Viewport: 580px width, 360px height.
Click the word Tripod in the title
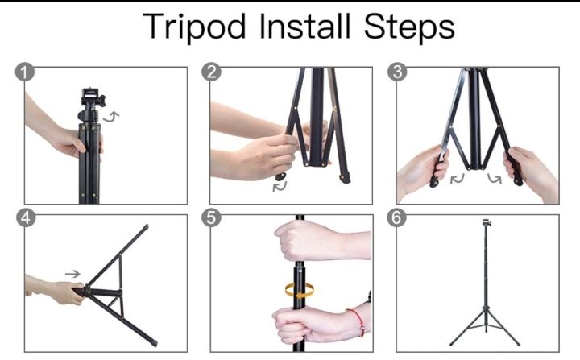click(194, 27)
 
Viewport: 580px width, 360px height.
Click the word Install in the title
click(304, 26)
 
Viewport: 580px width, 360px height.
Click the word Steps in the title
click(409, 27)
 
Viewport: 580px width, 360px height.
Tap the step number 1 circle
click(25, 72)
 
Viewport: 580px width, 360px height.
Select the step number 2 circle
click(211, 72)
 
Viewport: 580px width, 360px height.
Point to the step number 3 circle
click(397, 72)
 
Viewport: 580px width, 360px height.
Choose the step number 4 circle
click(26, 218)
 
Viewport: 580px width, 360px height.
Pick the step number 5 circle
click(211, 218)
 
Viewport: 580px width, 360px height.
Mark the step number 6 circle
click(396, 218)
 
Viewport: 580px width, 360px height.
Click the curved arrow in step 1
click(111, 117)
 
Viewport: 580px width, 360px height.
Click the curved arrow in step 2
click(280, 186)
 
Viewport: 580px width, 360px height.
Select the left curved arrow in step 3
click(458, 179)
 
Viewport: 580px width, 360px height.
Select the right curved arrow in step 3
click(494, 179)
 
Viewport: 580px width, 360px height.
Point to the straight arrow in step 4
click(72, 274)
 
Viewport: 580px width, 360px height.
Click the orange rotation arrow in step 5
click(299, 290)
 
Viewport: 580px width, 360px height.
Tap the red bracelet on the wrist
click(358, 321)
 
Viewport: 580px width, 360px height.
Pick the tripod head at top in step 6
click(487, 223)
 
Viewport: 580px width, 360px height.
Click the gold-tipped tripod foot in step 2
click(346, 178)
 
